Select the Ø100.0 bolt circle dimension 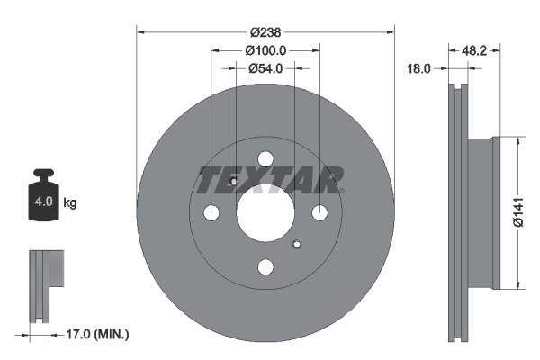(265, 51)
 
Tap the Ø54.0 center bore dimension (265, 68)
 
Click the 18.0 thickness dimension (420, 68)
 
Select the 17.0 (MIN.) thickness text (100, 334)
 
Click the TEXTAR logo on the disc (270, 179)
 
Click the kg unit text (70, 202)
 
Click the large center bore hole (265, 213)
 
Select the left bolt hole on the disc (211, 213)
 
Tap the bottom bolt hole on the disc (265, 267)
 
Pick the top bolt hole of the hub (265, 160)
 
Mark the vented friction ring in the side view (459, 213)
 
